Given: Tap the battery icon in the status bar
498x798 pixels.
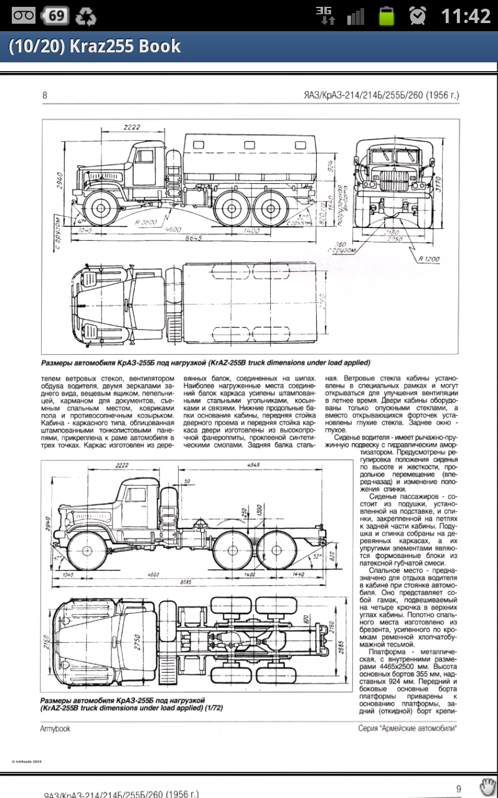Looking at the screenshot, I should [387, 16].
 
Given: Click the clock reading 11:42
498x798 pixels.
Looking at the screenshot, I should [466, 16].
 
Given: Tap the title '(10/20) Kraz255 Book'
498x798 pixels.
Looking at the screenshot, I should [95, 47].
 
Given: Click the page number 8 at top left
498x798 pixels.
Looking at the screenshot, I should [45, 95].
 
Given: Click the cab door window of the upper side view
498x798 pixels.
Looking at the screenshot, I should [144, 158].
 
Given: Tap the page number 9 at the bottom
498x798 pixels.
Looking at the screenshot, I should [459, 788].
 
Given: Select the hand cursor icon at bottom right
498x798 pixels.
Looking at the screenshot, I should [487, 785].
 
